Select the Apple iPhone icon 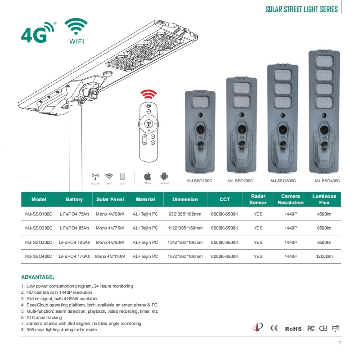pos(147,176)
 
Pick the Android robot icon pos(164,176)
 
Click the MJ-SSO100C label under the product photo pos(200,181)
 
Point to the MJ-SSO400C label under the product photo pos(327,181)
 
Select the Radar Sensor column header pos(258,199)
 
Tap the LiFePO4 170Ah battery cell pos(74,256)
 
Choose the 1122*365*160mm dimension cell pos(185,228)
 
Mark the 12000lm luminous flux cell pos(324,256)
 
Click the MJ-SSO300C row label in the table pos(39,242)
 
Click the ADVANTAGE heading pos(38,277)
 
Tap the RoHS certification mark pos(293,328)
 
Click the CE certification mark pos(274,328)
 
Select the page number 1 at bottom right pos(339,343)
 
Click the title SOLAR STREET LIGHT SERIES pos(301,9)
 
